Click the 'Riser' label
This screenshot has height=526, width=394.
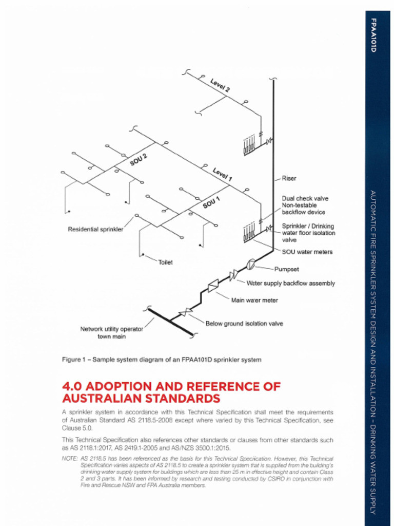[x=289, y=178]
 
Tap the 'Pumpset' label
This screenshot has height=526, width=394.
[x=286, y=269]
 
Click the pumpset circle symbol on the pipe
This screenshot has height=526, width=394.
[x=251, y=264]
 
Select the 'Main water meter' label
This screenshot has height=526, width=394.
[x=254, y=300]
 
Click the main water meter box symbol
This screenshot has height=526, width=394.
[x=213, y=285]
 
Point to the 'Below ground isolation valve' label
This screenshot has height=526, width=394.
[x=244, y=324]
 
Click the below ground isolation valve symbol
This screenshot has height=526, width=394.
[x=185, y=312]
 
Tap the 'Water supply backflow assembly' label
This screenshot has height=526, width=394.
[x=290, y=283]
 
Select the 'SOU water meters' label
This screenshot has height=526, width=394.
[x=307, y=252]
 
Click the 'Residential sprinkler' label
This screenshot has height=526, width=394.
[x=95, y=229]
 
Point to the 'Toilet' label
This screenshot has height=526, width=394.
[x=165, y=262]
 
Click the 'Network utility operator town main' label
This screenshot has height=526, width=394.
[x=111, y=332]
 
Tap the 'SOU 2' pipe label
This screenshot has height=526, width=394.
[x=139, y=159]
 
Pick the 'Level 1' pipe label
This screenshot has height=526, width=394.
[x=223, y=174]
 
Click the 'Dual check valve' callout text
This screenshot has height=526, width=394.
[x=305, y=198]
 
